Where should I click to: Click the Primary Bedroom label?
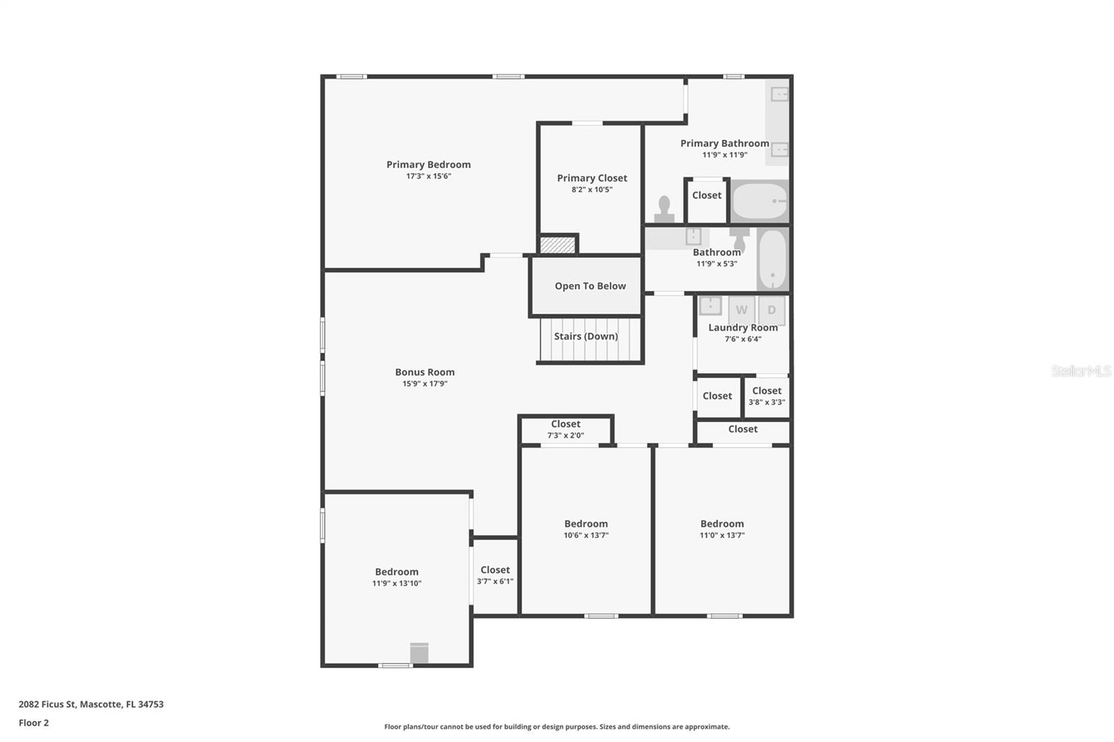[x=428, y=165]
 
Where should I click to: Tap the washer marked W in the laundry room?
[x=742, y=310]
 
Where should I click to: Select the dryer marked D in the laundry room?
[x=771, y=310]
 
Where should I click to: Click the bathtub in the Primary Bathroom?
[x=760, y=201]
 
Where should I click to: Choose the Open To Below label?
[x=590, y=286]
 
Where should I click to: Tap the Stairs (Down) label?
[x=586, y=336]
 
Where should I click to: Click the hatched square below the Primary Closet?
[x=558, y=245]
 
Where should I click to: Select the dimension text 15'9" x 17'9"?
[x=425, y=384]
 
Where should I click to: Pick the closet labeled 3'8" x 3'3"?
[x=767, y=396]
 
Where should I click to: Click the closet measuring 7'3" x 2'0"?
[x=565, y=429]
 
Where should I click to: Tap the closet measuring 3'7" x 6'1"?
[x=495, y=575]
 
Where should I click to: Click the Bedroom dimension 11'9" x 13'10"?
[x=397, y=583]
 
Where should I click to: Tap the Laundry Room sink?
[x=710, y=306]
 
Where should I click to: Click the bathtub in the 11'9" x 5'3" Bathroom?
[x=771, y=260]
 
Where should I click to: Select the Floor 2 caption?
[x=33, y=723]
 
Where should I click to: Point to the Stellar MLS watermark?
[x=1081, y=371]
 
